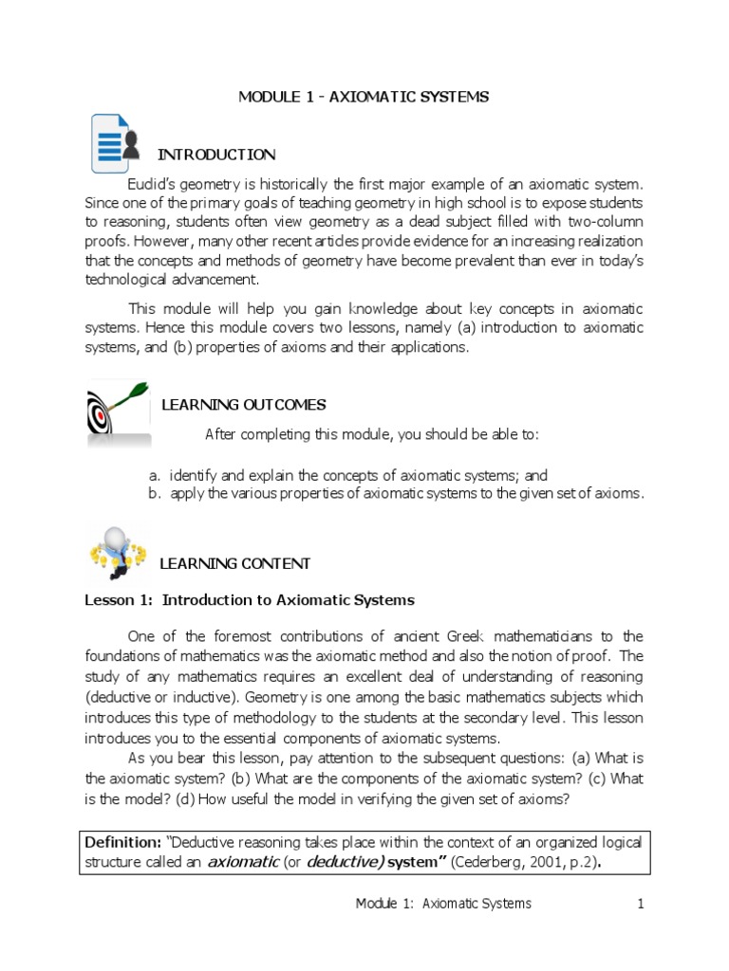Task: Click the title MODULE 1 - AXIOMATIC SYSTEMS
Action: tap(364, 97)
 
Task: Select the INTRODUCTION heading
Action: tap(215, 155)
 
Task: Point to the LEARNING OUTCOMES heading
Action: tap(243, 405)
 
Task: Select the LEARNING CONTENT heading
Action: tap(234, 563)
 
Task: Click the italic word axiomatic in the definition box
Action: tap(243, 861)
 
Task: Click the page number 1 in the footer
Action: tap(641, 904)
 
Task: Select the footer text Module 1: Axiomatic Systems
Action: tap(443, 904)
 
